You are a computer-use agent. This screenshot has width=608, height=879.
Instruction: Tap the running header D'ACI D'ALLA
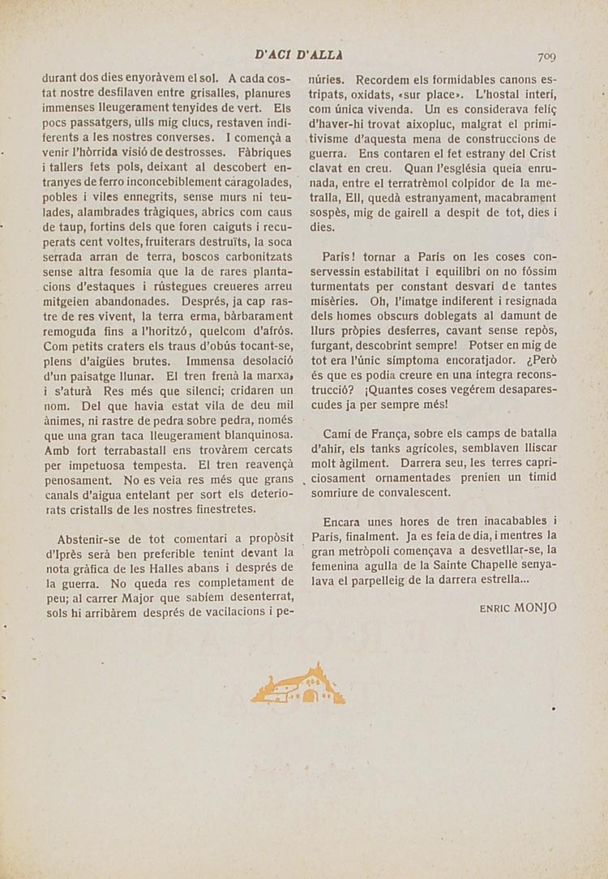tap(298, 55)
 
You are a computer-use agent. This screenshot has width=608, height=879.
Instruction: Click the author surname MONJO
tap(534, 607)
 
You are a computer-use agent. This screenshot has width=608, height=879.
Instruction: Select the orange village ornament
tap(298, 685)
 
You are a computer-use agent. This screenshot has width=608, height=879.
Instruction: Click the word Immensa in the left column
tap(212, 361)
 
